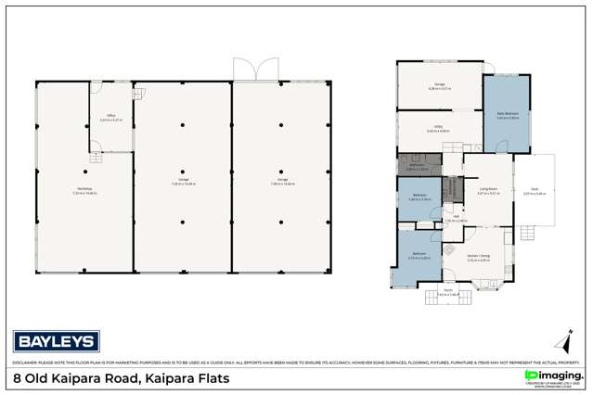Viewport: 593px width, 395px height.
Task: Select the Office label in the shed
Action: pos(109,117)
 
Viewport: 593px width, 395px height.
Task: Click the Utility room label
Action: pos(438,129)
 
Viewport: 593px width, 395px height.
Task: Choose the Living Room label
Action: pos(488,191)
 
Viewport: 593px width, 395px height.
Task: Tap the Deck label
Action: pos(535,192)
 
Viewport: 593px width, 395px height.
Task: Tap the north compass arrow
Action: pos(560,339)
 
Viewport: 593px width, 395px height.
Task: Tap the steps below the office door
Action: pos(95,158)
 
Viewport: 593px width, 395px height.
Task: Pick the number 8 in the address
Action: pos(18,378)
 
